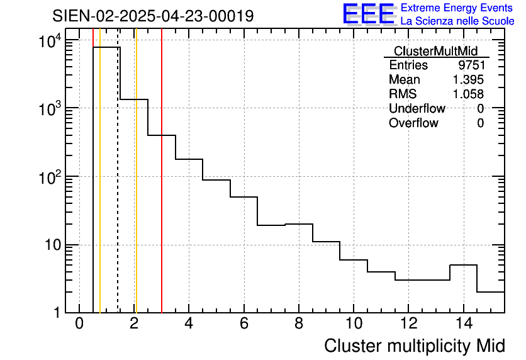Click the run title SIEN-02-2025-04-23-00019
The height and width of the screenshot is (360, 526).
pyautogui.click(x=153, y=16)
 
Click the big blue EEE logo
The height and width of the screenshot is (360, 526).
pyautogui.click(x=369, y=14)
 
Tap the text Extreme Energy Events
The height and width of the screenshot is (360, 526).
pyautogui.click(x=457, y=8)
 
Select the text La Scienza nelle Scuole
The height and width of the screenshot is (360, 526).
pyautogui.click(x=457, y=21)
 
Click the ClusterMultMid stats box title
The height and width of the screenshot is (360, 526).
pyautogui.click(x=435, y=51)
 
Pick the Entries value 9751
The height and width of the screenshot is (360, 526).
pyautogui.click(x=471, y=65)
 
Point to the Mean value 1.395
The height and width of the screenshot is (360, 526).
pyautogui.click(x=468, y=80)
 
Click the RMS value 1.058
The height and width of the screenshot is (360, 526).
pyautogui.click(x=468, y=94)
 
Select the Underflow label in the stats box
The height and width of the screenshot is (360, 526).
pyautogui.click(x=417, y=109)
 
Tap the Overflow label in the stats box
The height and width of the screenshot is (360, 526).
pyautogui.click(x=413, y=123)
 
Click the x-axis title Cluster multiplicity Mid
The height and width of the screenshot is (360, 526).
pyautogui.click(x=414, y=346)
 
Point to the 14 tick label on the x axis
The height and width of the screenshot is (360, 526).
pyautogui.click(x=463, y=324)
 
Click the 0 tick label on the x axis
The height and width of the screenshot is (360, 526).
pyautogui.click(x=79, y=324)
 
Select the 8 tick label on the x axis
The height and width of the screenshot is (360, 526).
pyautogui.click(x=299, y=324)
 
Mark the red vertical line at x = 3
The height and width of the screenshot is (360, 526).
pyautogui.click(x=162, y=189)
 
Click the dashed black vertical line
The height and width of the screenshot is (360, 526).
pyautogui.click(x=118, y=189)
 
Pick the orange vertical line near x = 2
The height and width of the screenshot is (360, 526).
pyautogui.click(x=136, y=189)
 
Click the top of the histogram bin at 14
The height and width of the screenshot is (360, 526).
pyautogui.click(x=463, y=265)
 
